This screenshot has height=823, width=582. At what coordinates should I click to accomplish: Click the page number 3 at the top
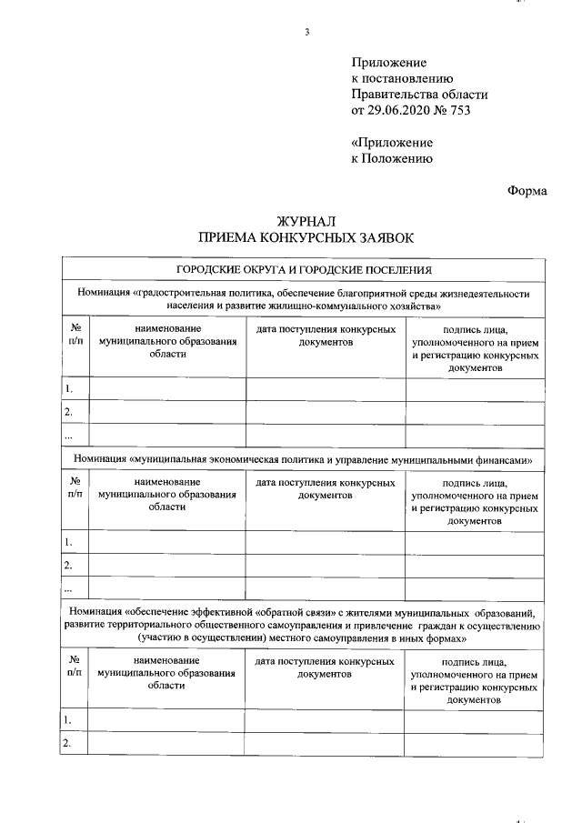pos(306,34)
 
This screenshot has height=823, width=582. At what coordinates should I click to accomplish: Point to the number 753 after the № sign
pos(461,111)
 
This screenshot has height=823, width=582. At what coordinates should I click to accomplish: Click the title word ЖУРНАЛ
pos(305,221)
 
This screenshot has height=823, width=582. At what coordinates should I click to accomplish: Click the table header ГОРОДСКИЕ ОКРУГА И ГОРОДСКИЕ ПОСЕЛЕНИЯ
pos(304,270)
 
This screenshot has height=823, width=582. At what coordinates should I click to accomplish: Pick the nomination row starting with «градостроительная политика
pos(304,299)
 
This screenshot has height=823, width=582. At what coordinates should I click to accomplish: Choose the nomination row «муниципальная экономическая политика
pos(304,460)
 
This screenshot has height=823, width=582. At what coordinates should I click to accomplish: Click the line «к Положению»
pos(391,158)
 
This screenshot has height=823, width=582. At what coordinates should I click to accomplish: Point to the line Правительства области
pos(419,95)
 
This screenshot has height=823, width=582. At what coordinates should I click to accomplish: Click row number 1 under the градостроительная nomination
pos(69,389)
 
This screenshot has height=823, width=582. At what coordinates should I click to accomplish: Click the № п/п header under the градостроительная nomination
pos(75,335)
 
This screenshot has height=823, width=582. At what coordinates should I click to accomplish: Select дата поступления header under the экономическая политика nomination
pos(326,488)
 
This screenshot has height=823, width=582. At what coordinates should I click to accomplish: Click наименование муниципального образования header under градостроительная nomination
pos(166,341)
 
